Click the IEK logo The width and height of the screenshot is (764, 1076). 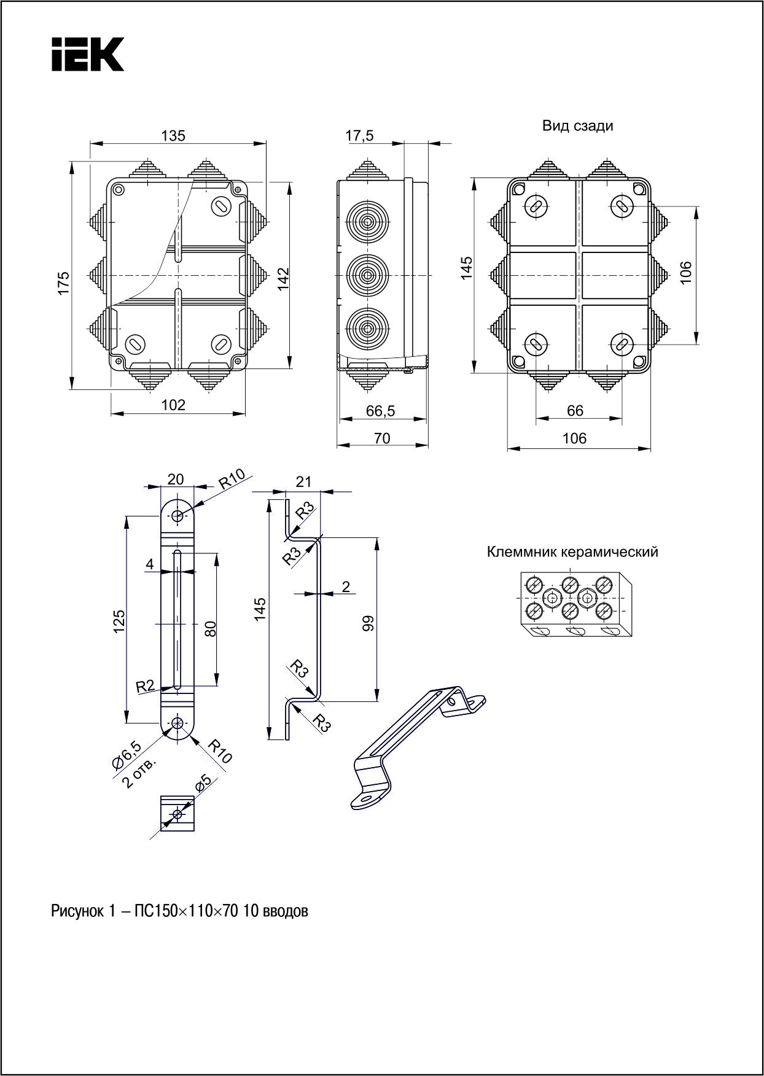click(x=88, y=54)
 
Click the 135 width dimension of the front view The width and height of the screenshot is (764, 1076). click(x=173, y=135)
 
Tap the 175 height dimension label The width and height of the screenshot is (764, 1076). click(x=64, y=283)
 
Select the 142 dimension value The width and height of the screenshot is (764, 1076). click(x=283, y=279)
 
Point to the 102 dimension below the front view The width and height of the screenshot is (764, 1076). click(x=173, y=405)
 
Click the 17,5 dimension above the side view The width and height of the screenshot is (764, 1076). click(x=359, y=136)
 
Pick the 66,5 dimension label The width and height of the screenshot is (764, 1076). click(x=380, y=411)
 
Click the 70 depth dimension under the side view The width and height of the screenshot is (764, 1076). click(x=382, y=438)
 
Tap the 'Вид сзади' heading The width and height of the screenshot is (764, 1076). click(x=577, y=126)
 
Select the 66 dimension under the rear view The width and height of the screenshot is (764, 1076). click(x=575, y=410)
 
